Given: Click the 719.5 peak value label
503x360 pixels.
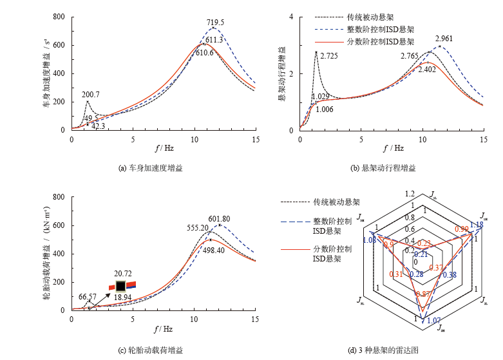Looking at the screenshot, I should coord(215,23).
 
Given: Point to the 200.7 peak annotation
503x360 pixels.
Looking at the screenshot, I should coord(91,95).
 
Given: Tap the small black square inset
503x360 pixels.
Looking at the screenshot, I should coord(120,285).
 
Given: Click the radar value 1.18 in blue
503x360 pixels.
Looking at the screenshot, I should coord(476,225).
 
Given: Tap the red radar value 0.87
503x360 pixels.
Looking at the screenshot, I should coord(423,294).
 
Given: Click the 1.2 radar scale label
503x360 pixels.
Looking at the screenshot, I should coord(410,193).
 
